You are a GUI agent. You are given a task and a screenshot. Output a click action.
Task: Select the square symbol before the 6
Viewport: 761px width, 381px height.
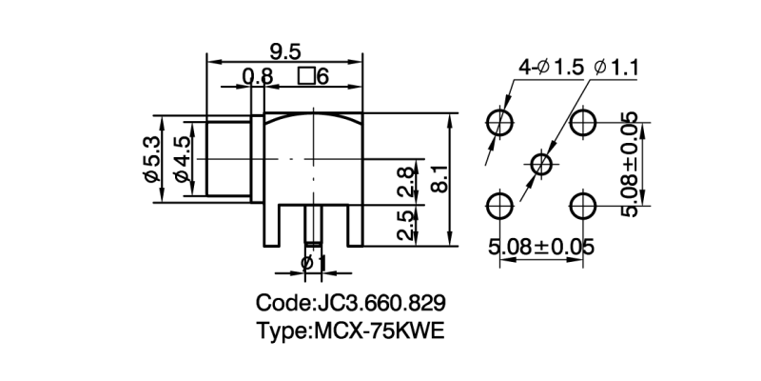[306, 77]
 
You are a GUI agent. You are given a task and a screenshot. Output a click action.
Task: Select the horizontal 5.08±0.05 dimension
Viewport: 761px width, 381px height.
[540, 248]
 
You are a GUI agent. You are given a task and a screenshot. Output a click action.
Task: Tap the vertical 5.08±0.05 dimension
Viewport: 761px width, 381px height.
[629, 163]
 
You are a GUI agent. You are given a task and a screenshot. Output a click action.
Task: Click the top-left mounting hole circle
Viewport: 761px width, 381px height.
[499, 123]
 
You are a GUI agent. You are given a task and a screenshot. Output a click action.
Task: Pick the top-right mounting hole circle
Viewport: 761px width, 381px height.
[583, 123]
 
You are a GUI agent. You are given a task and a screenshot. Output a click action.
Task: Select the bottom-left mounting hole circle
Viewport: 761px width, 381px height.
[499, 205]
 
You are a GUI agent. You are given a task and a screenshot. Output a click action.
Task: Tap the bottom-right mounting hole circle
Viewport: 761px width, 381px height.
[583, 205]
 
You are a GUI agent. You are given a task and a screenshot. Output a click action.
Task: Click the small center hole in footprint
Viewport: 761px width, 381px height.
[541, 164]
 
